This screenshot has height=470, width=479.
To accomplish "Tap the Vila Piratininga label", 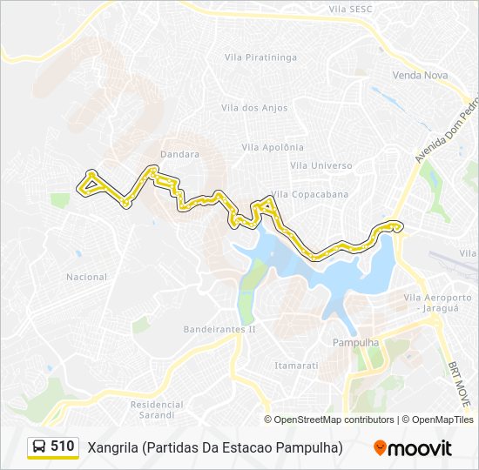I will (260, 57).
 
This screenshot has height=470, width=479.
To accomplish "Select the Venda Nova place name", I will (420, 76).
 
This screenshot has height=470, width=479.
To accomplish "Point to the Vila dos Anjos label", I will (253, 108).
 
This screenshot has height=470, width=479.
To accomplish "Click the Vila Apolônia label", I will (274, 147).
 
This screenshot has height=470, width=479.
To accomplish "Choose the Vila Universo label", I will (321, 165).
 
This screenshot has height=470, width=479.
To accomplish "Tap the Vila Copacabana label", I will (310, 194).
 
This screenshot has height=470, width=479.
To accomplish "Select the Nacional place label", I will (86, 278).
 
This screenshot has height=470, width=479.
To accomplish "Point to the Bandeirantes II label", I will (219, 330).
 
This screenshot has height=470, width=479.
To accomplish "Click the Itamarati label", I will (296, 366).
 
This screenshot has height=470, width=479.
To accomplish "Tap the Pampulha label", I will (356, 343).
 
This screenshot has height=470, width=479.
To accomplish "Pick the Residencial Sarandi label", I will (157, 409).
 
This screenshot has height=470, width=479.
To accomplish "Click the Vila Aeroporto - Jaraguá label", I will (437, 302).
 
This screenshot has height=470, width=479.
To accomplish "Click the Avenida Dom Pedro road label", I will (446, 131).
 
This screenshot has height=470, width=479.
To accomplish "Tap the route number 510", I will (62, 446).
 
